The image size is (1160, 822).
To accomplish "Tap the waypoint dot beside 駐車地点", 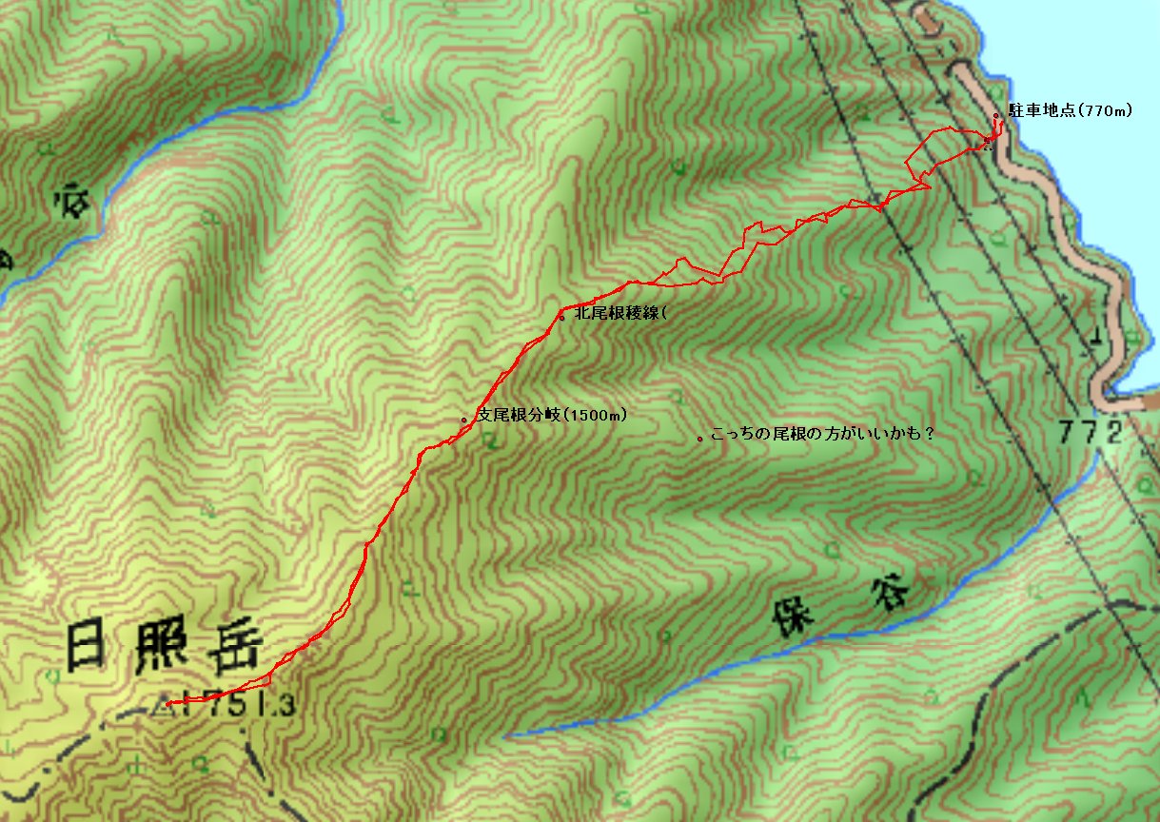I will pyautogui.click(x=996, y=116).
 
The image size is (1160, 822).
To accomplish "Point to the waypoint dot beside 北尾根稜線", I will pyautogui.click(x=562, y=318).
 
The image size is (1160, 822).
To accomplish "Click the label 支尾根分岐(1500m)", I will pyautogui.click(x=552, y=415).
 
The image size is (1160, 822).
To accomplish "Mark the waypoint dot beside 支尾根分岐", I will pyautogui.click(x=463, y=420).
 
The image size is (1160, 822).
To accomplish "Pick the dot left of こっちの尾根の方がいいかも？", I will pyautogui.click(x=700, y=439).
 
